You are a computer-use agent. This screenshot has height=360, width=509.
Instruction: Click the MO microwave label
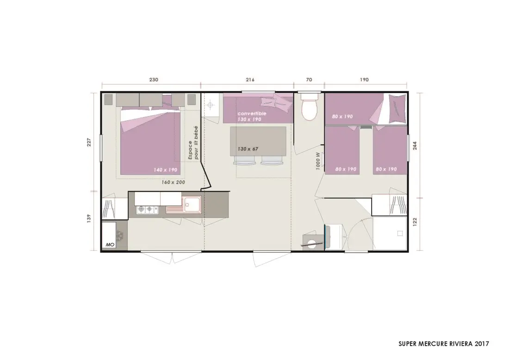110,244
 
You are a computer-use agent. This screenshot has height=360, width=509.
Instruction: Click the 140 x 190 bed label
166,170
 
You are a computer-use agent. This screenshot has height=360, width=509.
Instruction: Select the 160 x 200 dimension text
174,182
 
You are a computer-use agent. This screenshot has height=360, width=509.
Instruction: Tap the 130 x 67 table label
248,149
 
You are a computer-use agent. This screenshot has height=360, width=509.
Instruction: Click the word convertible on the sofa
252,114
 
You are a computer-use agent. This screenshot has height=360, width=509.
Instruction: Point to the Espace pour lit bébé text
193,143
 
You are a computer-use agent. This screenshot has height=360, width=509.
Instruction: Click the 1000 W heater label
318,161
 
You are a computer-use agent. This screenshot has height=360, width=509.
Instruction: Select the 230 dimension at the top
154,80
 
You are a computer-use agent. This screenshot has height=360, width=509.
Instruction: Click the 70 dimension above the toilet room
309,80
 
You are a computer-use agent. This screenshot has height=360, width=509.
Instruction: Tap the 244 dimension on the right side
415,145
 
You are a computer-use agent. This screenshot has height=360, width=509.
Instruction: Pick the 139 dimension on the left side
89,218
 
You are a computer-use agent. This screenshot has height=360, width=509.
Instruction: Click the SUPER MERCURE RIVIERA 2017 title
443,344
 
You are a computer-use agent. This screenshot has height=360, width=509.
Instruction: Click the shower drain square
400,233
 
